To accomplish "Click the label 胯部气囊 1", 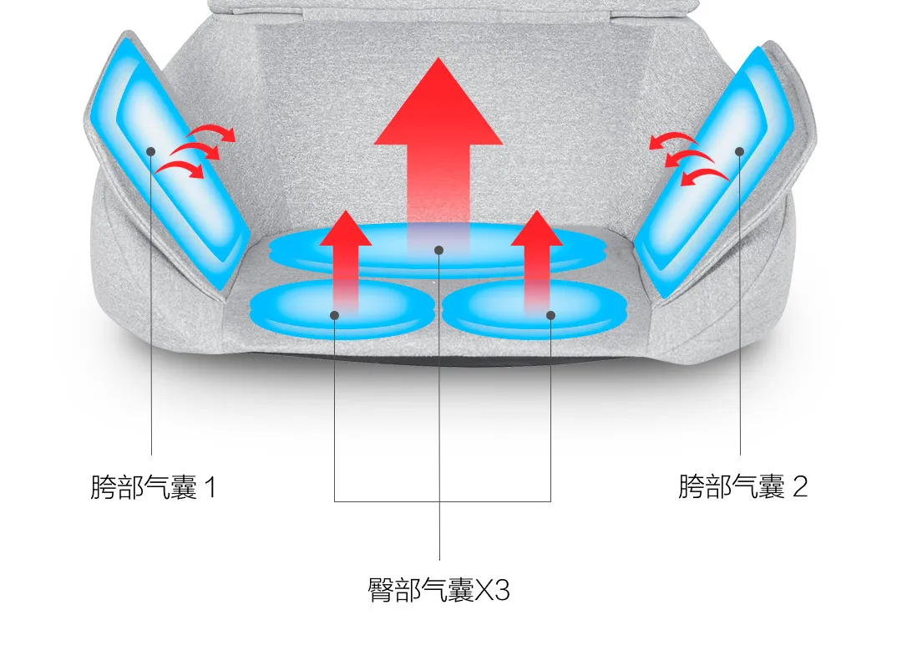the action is click(x=153, y=486).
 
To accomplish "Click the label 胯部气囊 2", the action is click(x=742, y=486).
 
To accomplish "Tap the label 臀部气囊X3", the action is click(x=438, y=590).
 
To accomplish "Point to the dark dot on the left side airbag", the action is click(x=151, y=151).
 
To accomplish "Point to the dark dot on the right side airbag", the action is click(x=740, y=151).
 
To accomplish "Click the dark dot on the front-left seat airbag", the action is click(x=334, y=315).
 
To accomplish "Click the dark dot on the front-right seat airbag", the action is click(x=550, y=315).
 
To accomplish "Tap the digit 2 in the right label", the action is click(x=800, y=486).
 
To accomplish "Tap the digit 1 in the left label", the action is click(x=209, y=486).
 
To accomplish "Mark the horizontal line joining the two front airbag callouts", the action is click(x=443, y=501).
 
